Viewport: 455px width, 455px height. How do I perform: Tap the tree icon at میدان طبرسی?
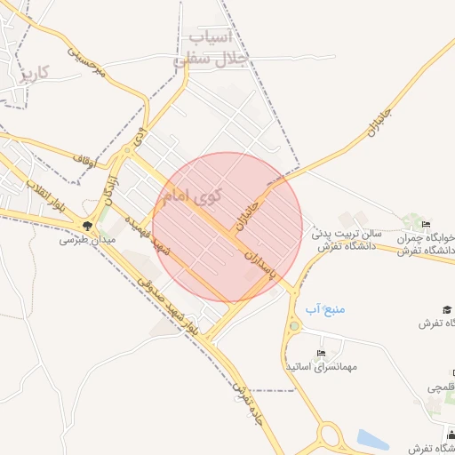click(87, 226)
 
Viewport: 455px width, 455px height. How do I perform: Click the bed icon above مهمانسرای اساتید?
click(320, 353)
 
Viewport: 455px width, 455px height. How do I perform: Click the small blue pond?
click(372, 439)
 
